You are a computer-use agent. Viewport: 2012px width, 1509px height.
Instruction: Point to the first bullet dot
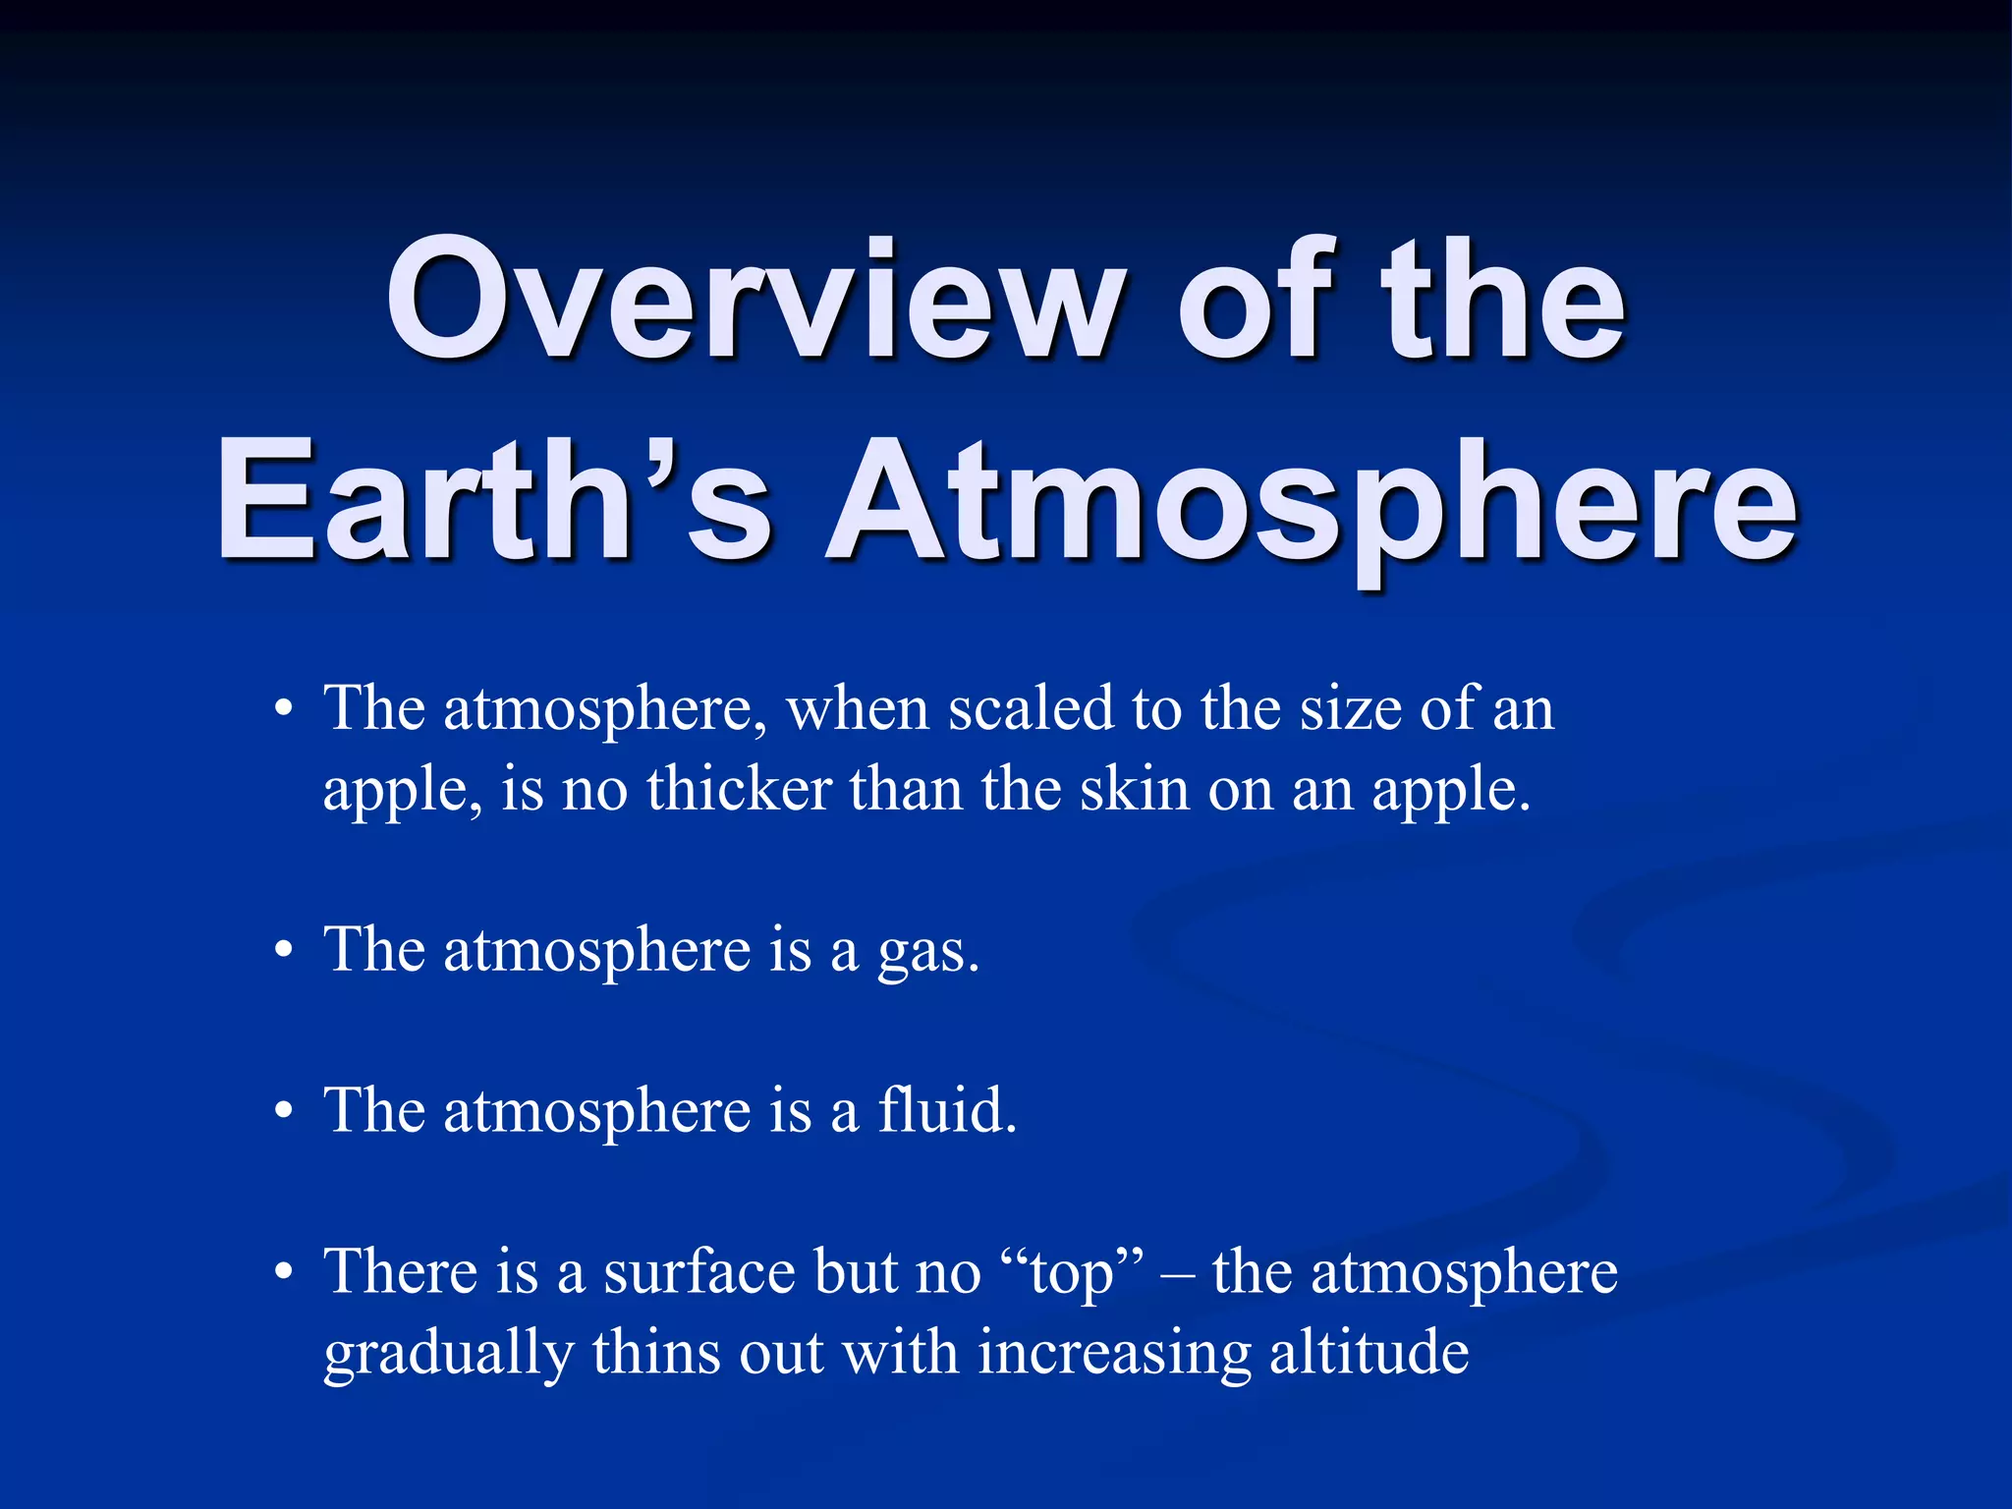[x=284, y=710]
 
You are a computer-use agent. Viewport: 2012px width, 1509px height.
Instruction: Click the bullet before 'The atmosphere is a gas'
[x=284, y=951]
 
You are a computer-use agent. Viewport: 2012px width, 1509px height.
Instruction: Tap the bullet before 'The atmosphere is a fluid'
[x=284, y=1112]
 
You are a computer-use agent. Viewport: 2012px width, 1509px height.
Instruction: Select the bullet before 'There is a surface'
[x=284, y=1273]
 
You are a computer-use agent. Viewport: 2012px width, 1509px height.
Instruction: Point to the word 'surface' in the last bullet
[x=699, y=1273]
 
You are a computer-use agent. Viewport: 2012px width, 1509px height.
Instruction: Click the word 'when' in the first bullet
[x=858, y=709]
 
